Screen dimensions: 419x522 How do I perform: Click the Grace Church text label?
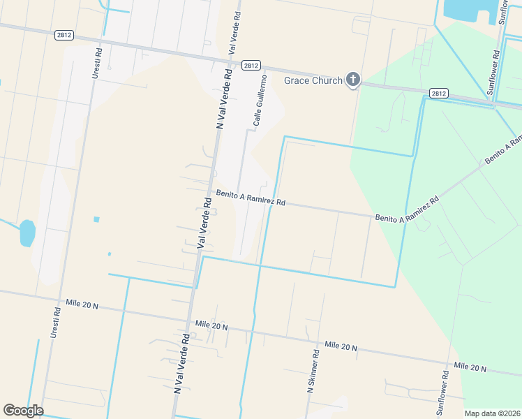(x=313, y=80)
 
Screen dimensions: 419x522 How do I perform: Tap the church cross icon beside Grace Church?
(x=353, y=80)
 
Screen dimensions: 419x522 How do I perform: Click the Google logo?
(x=23, y=411)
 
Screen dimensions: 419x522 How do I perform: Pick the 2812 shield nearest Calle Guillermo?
(x=251, y=65)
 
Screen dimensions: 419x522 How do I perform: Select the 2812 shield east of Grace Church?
(x=438, y=92)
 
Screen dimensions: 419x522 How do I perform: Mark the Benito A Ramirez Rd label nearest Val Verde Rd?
(x=251, y=198)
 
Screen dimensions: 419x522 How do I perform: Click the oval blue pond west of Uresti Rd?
(x=27, y=233)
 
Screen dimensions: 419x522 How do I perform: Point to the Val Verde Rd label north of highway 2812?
(x=235, y=33)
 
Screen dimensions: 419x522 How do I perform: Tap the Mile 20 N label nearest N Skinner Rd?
(x=341, y=346)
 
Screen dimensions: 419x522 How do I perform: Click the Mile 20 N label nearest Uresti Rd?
(x=83, y=304)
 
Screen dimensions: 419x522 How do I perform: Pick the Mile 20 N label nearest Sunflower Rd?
(x=470, y=366)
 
